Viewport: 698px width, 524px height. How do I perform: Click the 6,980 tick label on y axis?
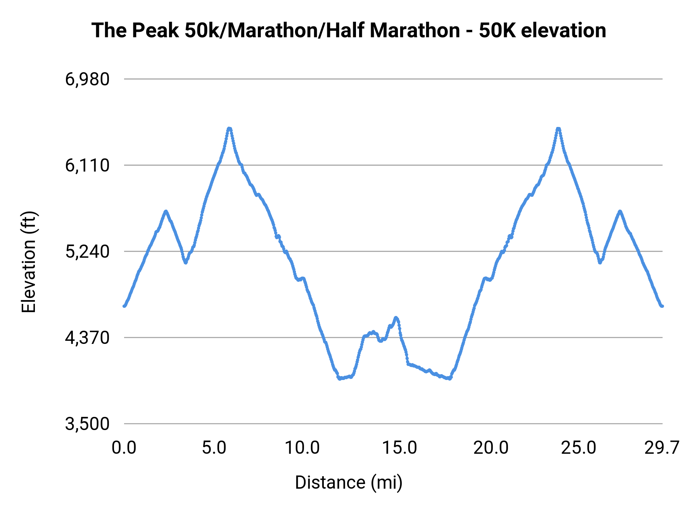click(x=87, y=80)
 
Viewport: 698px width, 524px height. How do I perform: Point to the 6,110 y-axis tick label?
click(x=87, y=166)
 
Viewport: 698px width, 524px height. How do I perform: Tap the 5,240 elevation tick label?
click(x=87, y=252)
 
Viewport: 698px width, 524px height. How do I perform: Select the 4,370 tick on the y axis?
click(x=87, y=338)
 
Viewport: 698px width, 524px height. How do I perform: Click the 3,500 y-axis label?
click(x=87, y=424)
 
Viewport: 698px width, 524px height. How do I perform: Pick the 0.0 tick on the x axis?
click(x=124, y=448)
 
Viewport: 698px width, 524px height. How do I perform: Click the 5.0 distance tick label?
click(x=214, y=448)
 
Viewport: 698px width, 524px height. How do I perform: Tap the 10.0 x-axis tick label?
click(x=302, y=448)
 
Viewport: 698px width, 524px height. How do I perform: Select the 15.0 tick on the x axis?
click(x=399, y=448)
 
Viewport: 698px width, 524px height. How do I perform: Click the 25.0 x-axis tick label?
click(x=579, y=448)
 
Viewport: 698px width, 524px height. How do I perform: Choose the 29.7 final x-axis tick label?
click(x=662, y=448)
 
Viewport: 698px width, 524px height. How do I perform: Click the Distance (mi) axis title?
click(x=349, y=482)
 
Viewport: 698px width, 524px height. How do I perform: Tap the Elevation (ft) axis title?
click(x=29, y=262)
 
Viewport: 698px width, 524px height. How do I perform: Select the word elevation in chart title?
click(x=563, y=31)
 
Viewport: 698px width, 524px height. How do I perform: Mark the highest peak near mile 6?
click(x=230, y=128)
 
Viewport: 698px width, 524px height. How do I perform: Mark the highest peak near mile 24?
click(x=558, y=128)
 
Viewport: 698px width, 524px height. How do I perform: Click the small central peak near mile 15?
click(x=396, y=318)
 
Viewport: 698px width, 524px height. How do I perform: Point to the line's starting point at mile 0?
click(x=124, y=306)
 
